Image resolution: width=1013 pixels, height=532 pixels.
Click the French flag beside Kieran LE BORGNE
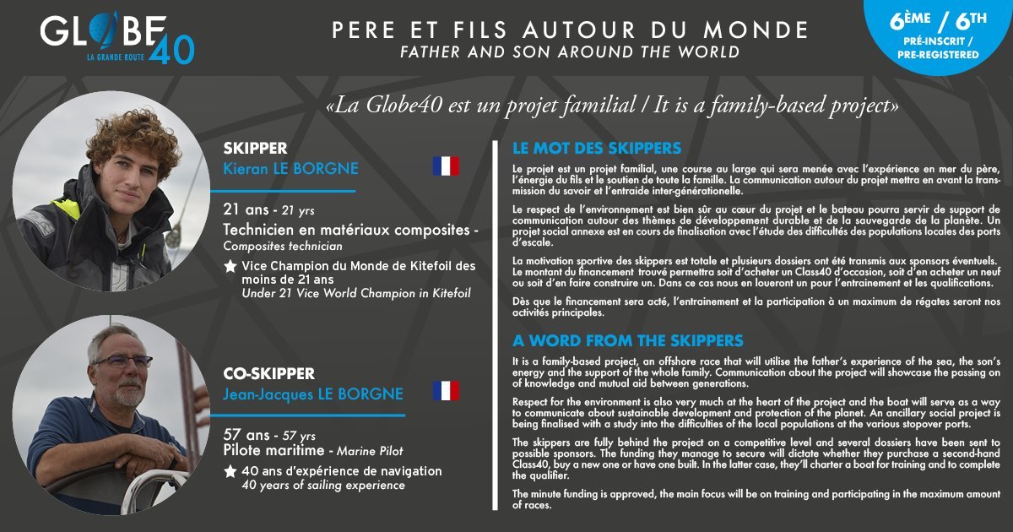point(446,166)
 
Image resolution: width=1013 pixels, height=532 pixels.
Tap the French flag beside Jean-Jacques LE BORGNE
point(446,391)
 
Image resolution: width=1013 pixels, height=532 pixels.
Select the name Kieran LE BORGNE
point(290,169)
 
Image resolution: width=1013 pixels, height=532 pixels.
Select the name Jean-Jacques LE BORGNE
point(313,394)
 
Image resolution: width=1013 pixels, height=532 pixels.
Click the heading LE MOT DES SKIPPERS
point(597,149)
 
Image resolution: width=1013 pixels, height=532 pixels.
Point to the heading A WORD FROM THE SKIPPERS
point(628,341)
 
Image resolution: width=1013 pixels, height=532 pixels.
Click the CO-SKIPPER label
point(268,373)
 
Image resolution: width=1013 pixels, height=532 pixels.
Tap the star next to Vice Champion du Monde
point(230,266)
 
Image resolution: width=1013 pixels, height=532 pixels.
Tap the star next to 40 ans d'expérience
point(230,471)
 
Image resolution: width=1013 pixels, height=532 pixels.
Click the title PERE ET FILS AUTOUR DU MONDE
point(571,30)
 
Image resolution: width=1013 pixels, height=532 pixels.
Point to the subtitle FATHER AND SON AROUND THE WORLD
point(571,52)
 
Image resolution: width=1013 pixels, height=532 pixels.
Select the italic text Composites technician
point(283,247)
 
